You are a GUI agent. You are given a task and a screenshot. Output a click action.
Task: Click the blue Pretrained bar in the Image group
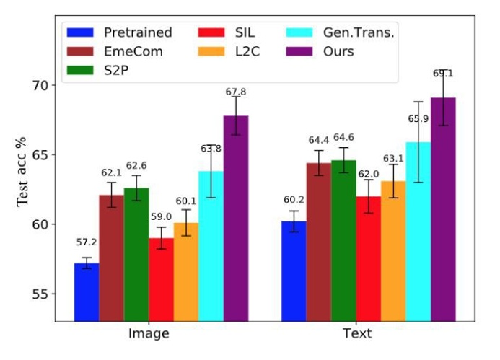(87, 291)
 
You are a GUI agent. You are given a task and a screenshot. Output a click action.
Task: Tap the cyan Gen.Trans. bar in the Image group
(211, 245)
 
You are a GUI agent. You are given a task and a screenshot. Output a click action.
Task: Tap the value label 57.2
(87, 242)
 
